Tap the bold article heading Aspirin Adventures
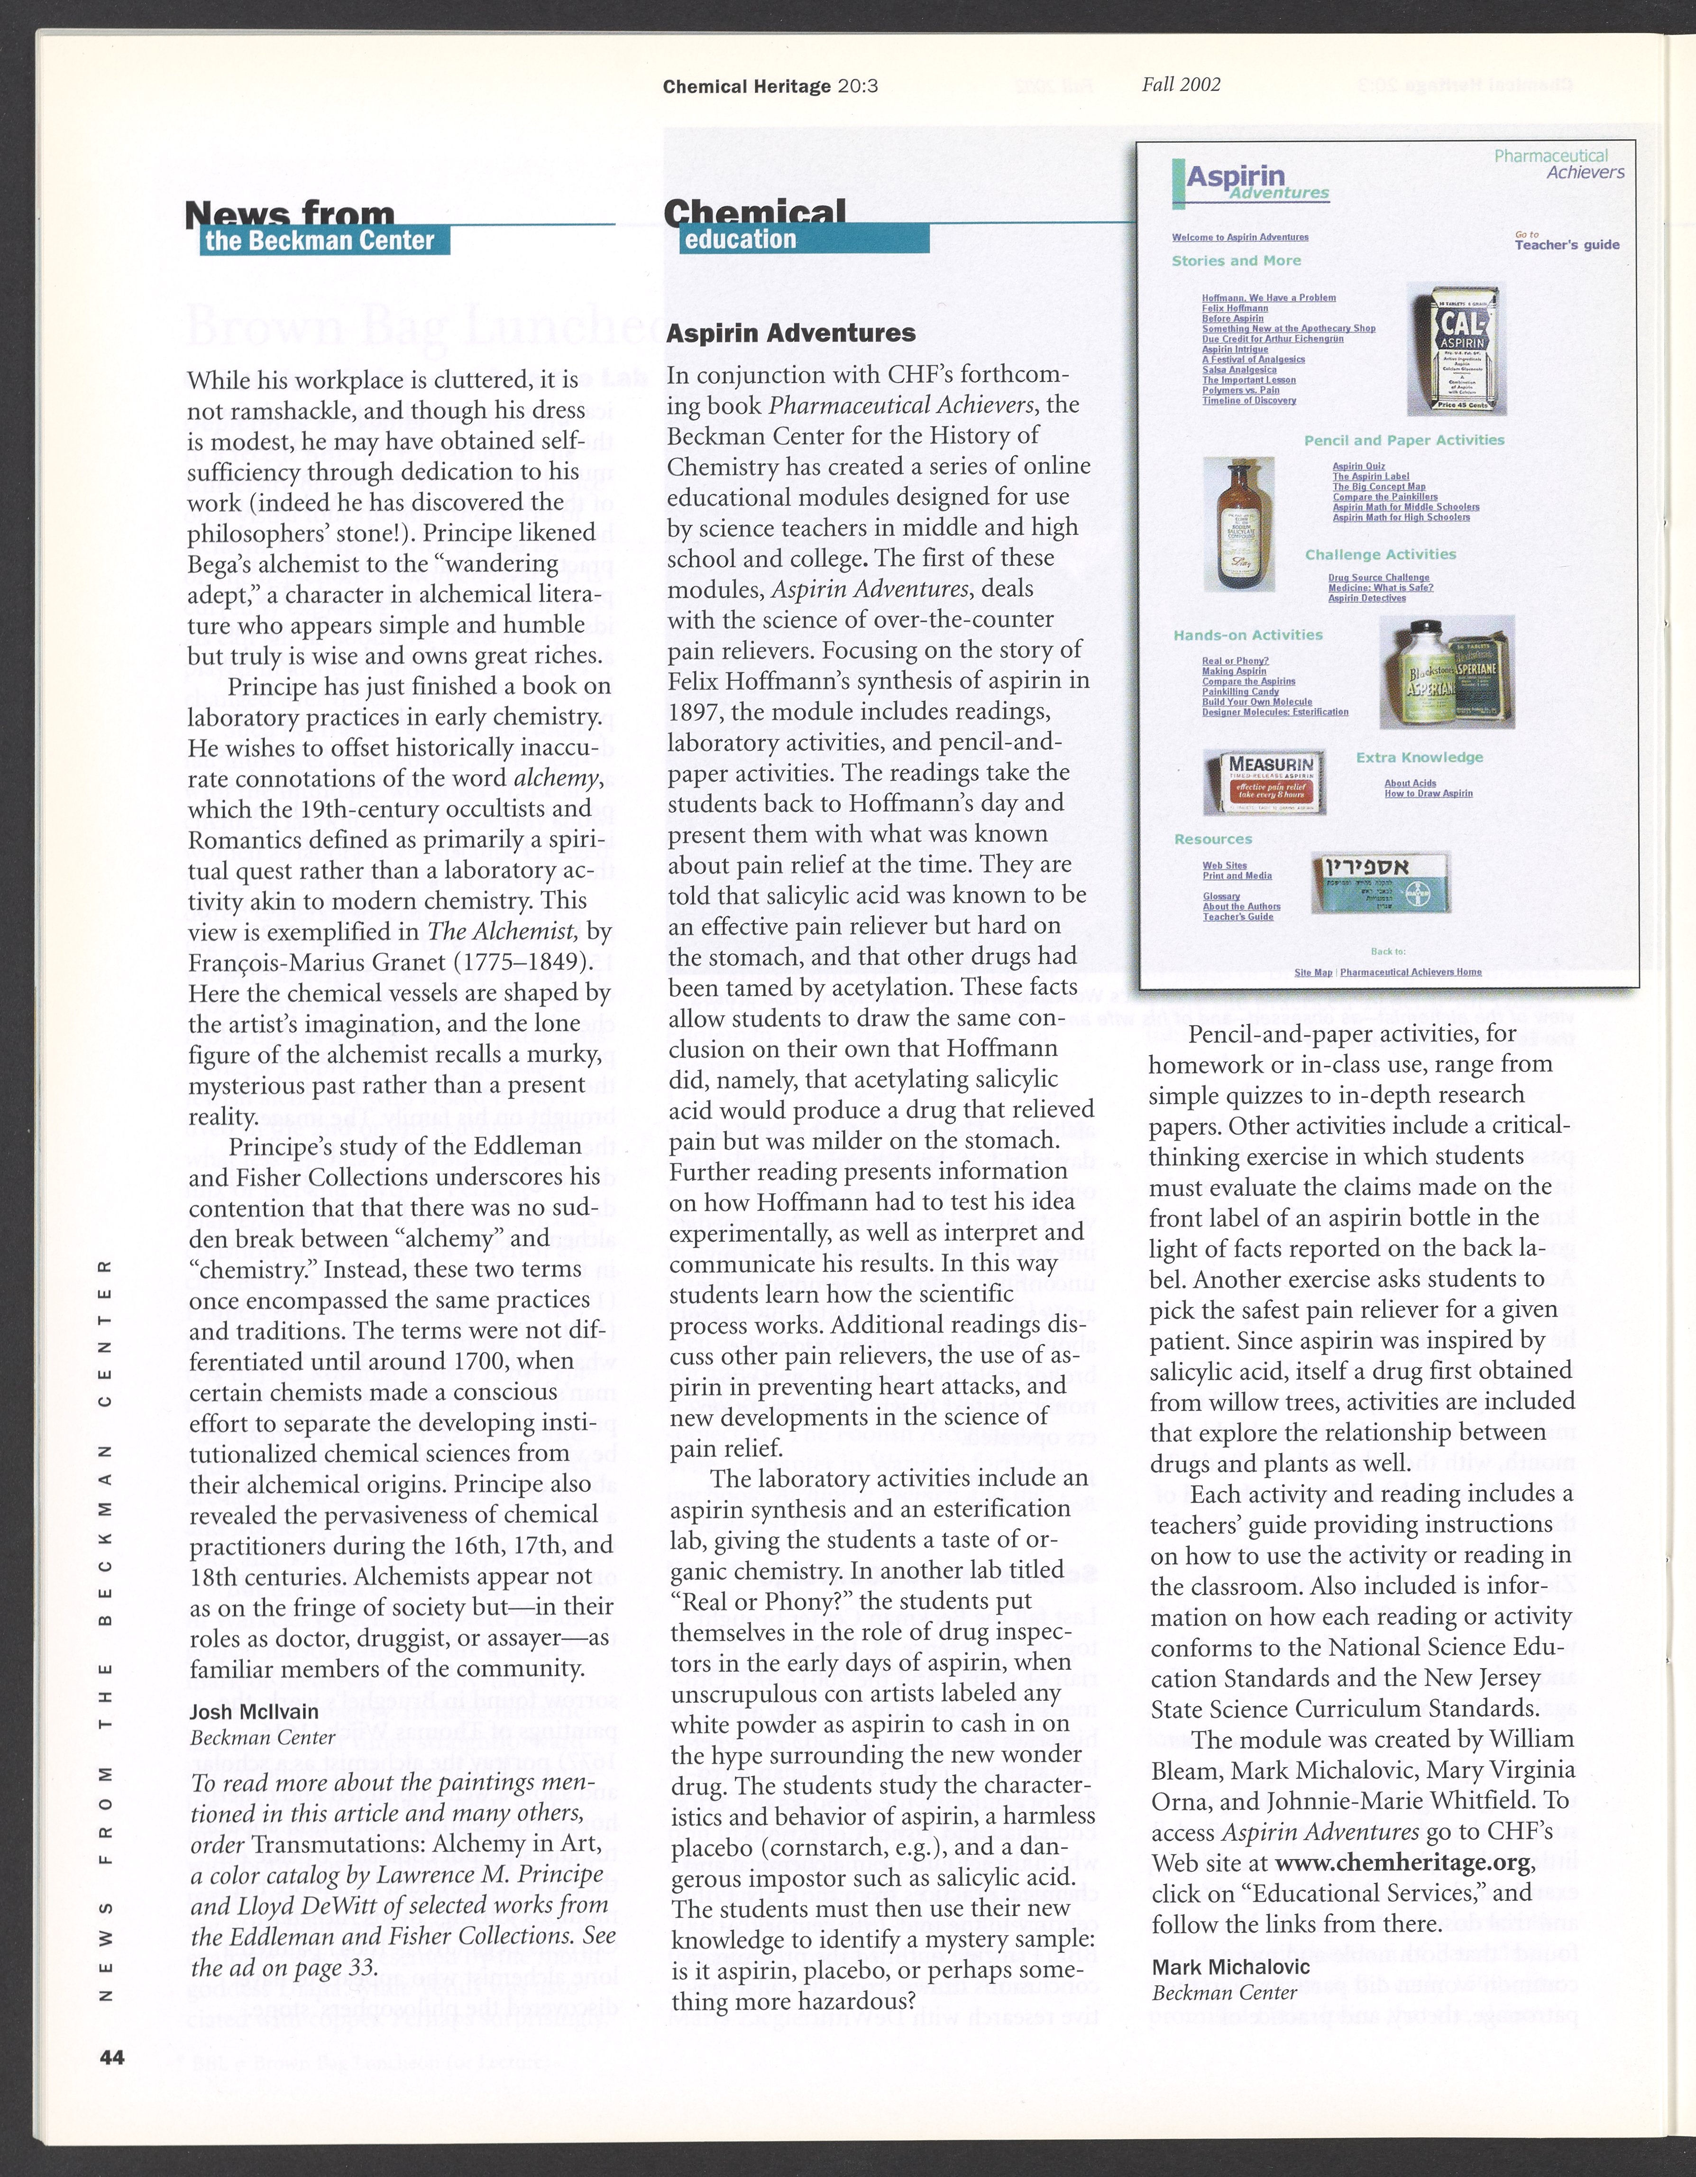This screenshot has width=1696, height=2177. click(x=790, y=333)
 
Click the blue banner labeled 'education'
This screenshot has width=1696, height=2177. click(x=804, y=239)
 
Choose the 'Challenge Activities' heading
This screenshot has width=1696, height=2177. click(x=1380, y=554)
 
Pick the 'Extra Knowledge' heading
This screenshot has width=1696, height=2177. click(x=1419, y=757)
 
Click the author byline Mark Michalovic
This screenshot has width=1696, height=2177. click(x=1231, y=1967)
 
